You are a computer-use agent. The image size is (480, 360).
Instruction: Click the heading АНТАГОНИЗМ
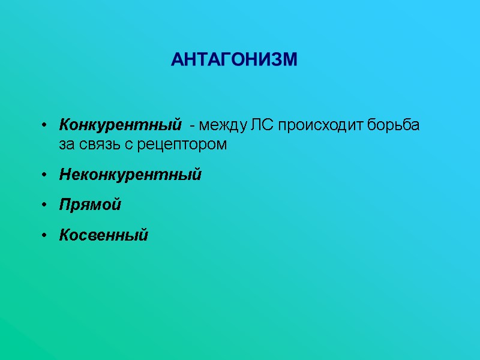(234, 60)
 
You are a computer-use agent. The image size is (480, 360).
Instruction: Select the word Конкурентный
(120, 126)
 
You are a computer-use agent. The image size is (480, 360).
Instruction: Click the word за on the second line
(66, 145)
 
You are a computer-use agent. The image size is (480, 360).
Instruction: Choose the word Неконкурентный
(130, 175)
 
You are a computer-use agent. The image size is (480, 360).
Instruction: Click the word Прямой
(90, 205)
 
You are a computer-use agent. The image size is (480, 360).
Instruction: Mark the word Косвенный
(103, 235)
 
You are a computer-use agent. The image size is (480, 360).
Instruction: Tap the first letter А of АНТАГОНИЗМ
(177, 60)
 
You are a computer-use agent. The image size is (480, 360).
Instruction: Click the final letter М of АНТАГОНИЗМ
(290, 60)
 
